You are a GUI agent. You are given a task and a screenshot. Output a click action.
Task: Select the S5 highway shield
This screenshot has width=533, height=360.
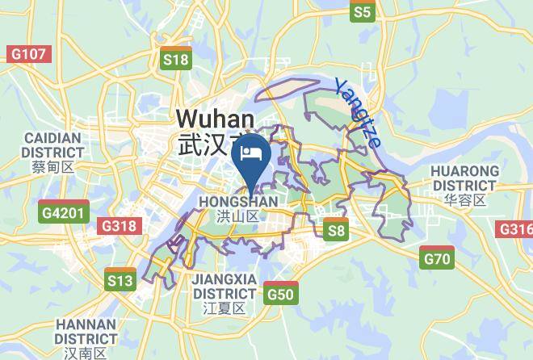click(x=363, y=11)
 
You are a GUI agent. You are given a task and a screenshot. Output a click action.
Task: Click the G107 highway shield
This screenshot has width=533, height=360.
click(x=27, y=54)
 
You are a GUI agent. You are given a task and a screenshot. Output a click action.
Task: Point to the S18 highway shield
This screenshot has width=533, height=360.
click(x=175, y=59)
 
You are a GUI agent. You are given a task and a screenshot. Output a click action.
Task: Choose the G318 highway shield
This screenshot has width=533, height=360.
click(x=118, y=226)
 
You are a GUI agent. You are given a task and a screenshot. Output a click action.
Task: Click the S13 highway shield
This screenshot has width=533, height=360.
click(x=120, y=280)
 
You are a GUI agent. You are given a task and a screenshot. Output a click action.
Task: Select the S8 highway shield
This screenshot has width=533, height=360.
click(x=335, y=231)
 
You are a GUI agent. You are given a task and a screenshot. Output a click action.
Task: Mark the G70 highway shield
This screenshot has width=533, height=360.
click(x=438, y=259)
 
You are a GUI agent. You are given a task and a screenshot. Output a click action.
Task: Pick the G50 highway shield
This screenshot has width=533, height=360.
click(x=280, y=295)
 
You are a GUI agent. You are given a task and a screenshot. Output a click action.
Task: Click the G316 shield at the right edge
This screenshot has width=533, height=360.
click(x=517, y=229)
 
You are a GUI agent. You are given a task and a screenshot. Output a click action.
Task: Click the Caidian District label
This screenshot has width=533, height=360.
click(x=53, y=144)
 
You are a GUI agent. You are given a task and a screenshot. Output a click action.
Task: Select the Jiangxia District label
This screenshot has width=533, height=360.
click(x=225, y=286)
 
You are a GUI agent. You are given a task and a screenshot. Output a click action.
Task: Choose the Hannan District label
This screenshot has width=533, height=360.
click(x=86, y=331)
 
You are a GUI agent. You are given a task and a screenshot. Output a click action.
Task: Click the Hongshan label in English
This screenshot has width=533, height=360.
click(x=237, y=201)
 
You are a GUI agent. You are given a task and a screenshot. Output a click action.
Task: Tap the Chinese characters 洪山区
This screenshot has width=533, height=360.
click(x=237, y=216)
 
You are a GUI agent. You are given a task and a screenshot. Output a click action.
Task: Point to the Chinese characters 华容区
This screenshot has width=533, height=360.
click(x=464, y=200)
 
